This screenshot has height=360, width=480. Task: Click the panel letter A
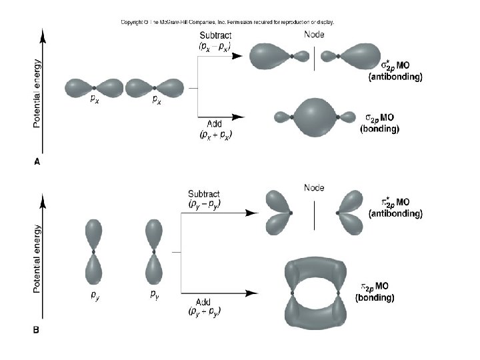tap(37, 160)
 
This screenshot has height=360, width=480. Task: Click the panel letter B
tap(37, 329)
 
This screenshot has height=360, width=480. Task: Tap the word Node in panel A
tap(314, 35)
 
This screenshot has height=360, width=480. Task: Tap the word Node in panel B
tap(314, 187)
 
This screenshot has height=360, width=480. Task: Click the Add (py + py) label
tap(205, 307)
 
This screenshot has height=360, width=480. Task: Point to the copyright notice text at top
tap(227, 22)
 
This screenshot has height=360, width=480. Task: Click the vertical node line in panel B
tap(314, 214)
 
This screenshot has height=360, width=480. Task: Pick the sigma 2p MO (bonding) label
tap(379, 123)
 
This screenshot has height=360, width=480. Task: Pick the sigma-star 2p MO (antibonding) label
tap(395, 71)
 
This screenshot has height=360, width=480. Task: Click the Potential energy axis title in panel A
tap(37, 94)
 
